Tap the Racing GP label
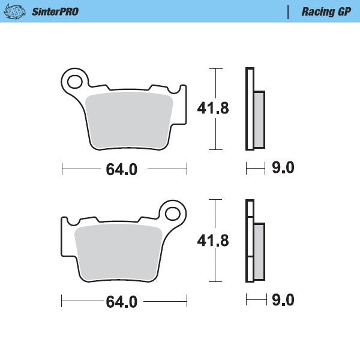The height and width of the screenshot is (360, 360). pyautogui.click(x=326, y=11)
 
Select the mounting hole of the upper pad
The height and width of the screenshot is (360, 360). pyautogui.click(x=75, y=80)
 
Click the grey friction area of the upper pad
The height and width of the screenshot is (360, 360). pyautogui.click(x=129, y=120)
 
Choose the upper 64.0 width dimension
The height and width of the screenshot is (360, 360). pyautogui.click(x=122, y=170)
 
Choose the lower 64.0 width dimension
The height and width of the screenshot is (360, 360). pyautogui.click(x=122, y=302)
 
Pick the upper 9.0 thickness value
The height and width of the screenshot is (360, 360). pyautogui.click(x=283, y=169)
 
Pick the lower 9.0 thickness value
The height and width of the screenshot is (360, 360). pyautogui.click(x=283, y=300)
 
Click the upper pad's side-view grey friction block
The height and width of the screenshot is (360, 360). pyautogui.click(x=259, y=120)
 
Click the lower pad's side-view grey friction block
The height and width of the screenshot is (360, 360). pyautogui.click(x=259, y=252)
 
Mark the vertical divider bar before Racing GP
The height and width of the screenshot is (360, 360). pyautogui.click(x=289, y=11)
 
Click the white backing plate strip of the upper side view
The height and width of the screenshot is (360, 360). pyautogui.click(x=249, y=108)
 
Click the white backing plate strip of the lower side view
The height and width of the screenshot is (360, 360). pyautogui.click(x=249, y=240)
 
